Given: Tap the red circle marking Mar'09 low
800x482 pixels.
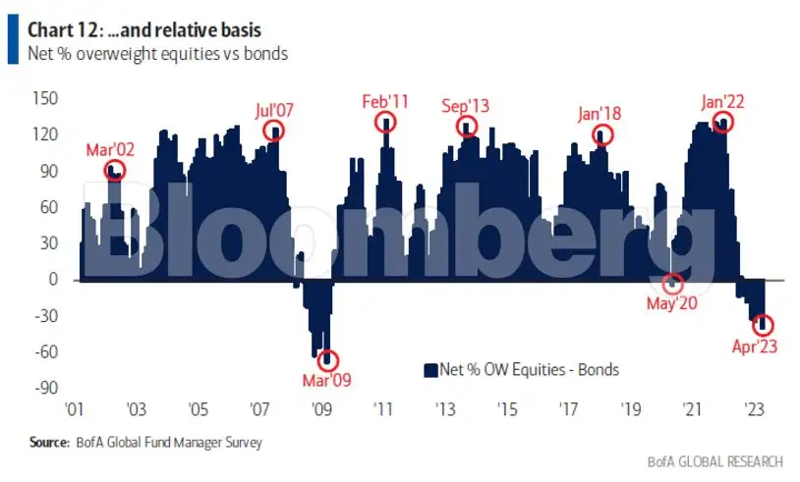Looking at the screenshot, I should (327, 360).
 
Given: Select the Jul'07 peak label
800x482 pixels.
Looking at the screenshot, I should (272, 108).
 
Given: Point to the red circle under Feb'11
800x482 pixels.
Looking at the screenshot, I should (386, 123).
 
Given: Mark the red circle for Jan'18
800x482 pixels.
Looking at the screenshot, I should (602, 134).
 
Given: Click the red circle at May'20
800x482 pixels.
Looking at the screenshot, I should (672, 284).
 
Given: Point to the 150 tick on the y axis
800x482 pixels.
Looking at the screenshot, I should (45, 99).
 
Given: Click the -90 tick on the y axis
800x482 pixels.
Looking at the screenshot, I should (45, 388).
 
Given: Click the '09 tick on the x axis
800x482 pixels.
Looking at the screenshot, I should (321, 409).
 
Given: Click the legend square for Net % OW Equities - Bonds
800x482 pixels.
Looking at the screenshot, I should (429, 370).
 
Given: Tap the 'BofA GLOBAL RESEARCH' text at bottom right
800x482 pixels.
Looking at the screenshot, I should (714, 461).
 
